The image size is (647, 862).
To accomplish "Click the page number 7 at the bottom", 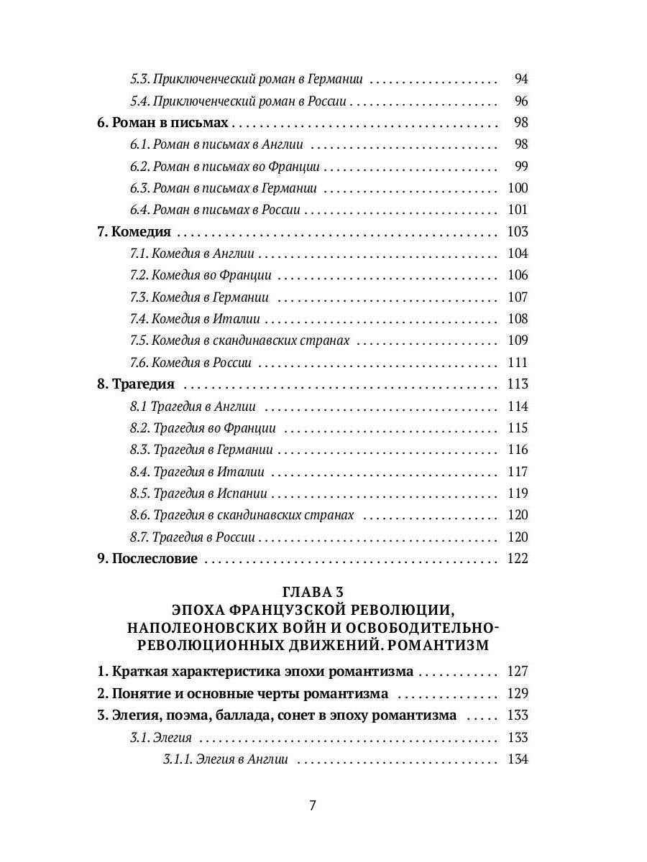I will pos(312,805).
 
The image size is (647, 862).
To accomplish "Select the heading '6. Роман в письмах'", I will pos(162,122).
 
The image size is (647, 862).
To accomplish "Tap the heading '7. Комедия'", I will pos(134,231).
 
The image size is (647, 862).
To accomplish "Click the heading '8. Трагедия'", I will pos(136,384).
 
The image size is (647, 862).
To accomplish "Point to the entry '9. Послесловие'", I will pos(147,558).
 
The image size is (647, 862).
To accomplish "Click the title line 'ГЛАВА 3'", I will pos(312,592).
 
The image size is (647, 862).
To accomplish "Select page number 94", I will pos(521,78).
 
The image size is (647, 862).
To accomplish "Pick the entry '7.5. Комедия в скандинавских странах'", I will pos(239,340).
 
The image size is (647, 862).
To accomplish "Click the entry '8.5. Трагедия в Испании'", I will pos(198,493).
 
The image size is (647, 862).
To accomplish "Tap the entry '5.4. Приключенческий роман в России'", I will pos(239,101).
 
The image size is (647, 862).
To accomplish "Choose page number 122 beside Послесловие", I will pos(517,558).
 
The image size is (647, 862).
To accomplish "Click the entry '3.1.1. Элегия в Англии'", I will pos(226,759).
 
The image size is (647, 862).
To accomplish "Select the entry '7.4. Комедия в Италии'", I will pos(195,318).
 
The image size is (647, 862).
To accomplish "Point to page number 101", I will pos(517,210).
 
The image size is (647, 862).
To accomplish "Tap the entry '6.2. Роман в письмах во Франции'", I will pos(225,166).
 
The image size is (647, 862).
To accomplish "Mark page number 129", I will pos(517,693).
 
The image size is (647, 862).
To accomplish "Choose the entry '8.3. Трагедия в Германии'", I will pos(201,450).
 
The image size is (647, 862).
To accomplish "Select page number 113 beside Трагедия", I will pos(517,384).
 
